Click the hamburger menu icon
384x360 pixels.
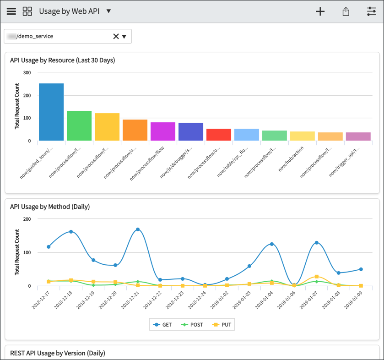tap(11, 11)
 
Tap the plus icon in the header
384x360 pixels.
tap(320, 11)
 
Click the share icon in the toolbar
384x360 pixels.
tap(346, 11)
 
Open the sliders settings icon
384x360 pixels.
tap(371, 11)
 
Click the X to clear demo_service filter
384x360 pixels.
tap(116, 36)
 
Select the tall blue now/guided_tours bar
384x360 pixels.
tap(51, 112)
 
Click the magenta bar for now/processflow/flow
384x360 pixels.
tap(163, 131)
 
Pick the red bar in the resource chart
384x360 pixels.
tap(219, 135)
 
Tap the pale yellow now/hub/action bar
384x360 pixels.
tap(303, 136)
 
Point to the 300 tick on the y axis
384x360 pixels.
tap(27, 72)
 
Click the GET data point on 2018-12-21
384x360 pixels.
tap(138, 229)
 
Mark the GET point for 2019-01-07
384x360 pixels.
tap(316, 243)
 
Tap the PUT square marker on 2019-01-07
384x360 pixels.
tap(316, 277)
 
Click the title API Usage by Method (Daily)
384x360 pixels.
tap(50, 207)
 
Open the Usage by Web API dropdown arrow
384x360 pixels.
tap(108, 11)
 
